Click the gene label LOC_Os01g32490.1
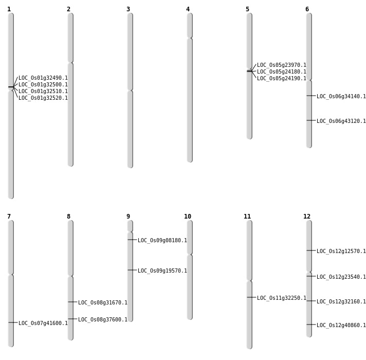[43, 78]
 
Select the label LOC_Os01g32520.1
[43, 98]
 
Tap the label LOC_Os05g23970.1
[282, 65]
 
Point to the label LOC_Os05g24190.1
[282, 79]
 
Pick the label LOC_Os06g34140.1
[341, 96]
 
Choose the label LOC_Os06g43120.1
[341, 121]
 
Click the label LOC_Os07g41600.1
[43, 323]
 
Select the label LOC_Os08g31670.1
[103, 303]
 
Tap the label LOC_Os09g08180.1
[162, 241]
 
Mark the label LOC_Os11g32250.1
[282, 298]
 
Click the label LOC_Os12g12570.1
[341, 251]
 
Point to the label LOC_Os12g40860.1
[341, 326]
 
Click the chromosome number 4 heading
[188, 9]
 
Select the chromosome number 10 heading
[188, 217]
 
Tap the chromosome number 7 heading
[9, 217]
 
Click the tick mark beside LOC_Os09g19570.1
[132, 270]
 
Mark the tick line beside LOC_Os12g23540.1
[311, 276]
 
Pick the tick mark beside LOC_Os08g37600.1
[72, 319]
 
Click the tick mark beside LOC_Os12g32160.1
[311, 301]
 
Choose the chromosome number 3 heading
[128, 9]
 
